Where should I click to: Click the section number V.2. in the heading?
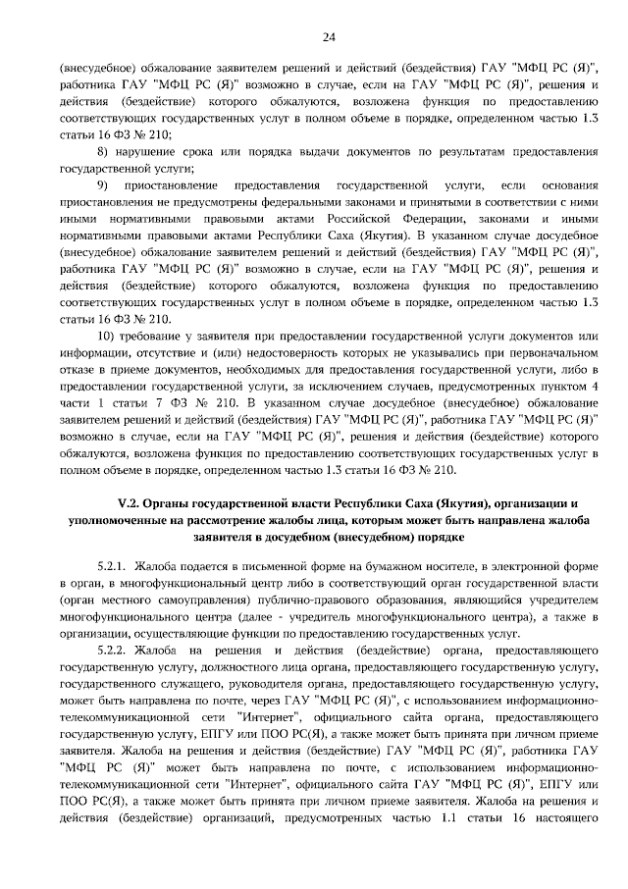tap(131, 503)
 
